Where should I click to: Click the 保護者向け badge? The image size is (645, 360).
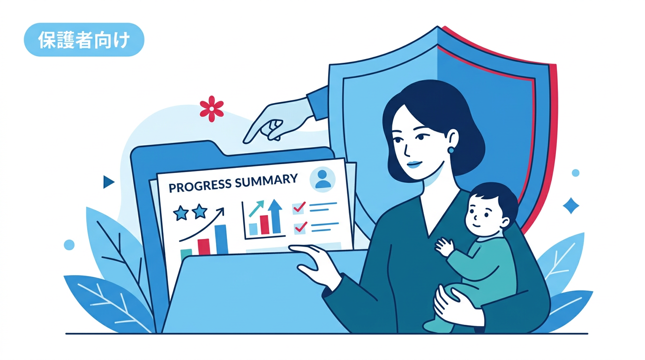84,40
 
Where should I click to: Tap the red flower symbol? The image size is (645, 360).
212,109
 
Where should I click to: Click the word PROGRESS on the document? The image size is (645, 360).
200,185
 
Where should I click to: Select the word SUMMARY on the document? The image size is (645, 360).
266,180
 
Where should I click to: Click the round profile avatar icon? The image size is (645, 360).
322,179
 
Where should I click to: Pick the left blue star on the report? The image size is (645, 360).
181,213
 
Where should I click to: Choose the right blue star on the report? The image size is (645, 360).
200,211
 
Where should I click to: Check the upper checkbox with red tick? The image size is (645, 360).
299,208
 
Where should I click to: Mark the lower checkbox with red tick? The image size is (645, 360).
300,228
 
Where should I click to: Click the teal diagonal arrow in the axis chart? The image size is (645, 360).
256,209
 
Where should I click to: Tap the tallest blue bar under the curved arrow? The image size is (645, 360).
221,240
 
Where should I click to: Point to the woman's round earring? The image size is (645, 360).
450,150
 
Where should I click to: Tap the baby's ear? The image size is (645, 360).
505,222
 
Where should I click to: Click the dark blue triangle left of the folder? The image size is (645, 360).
109,182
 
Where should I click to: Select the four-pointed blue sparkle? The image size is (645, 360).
571,206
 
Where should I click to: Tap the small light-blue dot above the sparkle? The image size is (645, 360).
575,173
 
